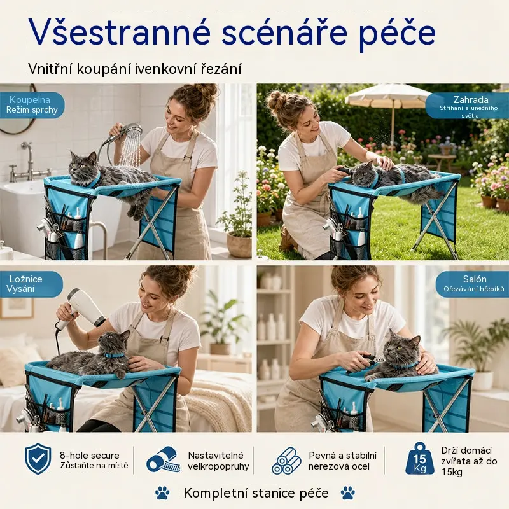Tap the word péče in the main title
tap(397, 34)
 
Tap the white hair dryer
tap(82, 307)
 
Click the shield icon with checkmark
tap(38, 459)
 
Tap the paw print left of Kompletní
tap(162, 492)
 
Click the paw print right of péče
tap(347, 492)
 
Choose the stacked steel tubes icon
tap(286, 461)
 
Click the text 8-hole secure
tap(90, 455)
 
